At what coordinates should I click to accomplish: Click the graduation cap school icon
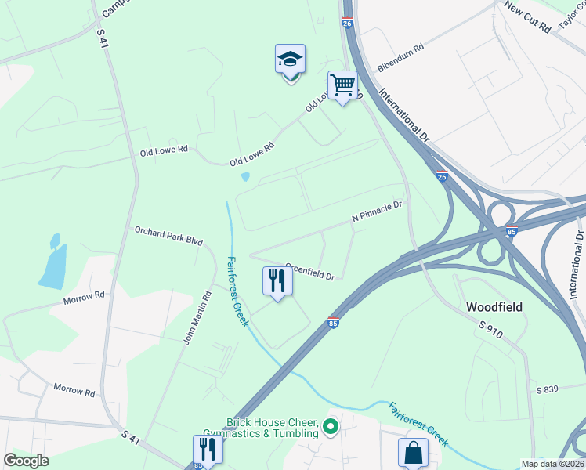(290, 60)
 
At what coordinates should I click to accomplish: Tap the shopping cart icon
(342, 84)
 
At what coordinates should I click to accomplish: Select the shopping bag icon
(413, 453)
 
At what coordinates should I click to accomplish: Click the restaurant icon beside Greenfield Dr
(277, 281)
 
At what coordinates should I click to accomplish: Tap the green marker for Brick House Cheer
(331, 428)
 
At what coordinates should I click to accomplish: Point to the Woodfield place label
(495, 306)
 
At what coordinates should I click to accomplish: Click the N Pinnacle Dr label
(377, 211)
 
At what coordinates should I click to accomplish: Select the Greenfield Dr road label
(310, 271)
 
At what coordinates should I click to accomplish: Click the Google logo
(27, 461)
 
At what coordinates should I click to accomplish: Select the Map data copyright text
(552, 464)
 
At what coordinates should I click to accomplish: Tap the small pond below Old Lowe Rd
(246, 177)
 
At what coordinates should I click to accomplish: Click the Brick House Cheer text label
(272, 427)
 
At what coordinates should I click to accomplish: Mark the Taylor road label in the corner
(572, 17)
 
